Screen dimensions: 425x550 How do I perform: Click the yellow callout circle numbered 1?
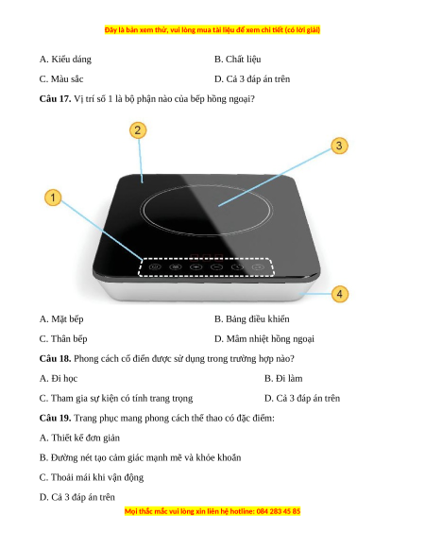(x=53, y=198)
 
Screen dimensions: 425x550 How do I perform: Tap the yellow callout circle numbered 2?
(x=138, y=130)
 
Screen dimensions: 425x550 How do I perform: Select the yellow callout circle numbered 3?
(x=339, y=146)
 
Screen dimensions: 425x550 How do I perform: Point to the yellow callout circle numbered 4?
(x=339, y=294)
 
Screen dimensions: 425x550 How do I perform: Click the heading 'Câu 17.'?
(x=55, y=99)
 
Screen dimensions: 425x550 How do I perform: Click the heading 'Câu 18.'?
(x=55, y=358)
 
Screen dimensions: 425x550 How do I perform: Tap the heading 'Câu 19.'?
(x=55, y=418)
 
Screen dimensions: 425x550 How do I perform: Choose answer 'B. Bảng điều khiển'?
(x=252, y=319)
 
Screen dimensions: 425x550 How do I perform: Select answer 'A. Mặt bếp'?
(x=61, y=319)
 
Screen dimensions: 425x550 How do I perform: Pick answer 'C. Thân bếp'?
(x=63, y=339)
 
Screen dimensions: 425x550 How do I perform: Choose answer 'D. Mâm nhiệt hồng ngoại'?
(x=264, y=339)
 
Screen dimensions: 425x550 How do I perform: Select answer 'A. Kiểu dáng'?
(x=65, y=60)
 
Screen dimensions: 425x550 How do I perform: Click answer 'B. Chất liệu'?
(x=238, y=60)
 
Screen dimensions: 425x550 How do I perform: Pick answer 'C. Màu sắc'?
(x=61, y=79)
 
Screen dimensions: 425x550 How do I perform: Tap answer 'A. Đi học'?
(x=59, y=378)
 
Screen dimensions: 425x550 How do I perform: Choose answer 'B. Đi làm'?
(x=283, y=378)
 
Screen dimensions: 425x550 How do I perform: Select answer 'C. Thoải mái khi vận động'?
(x=92, y=477)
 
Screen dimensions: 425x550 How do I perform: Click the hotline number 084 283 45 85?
(x=279, y=511)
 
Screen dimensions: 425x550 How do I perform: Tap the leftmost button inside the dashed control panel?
(x=155, y=266)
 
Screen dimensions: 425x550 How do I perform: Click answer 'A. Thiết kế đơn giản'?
(x=79, y=438)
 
